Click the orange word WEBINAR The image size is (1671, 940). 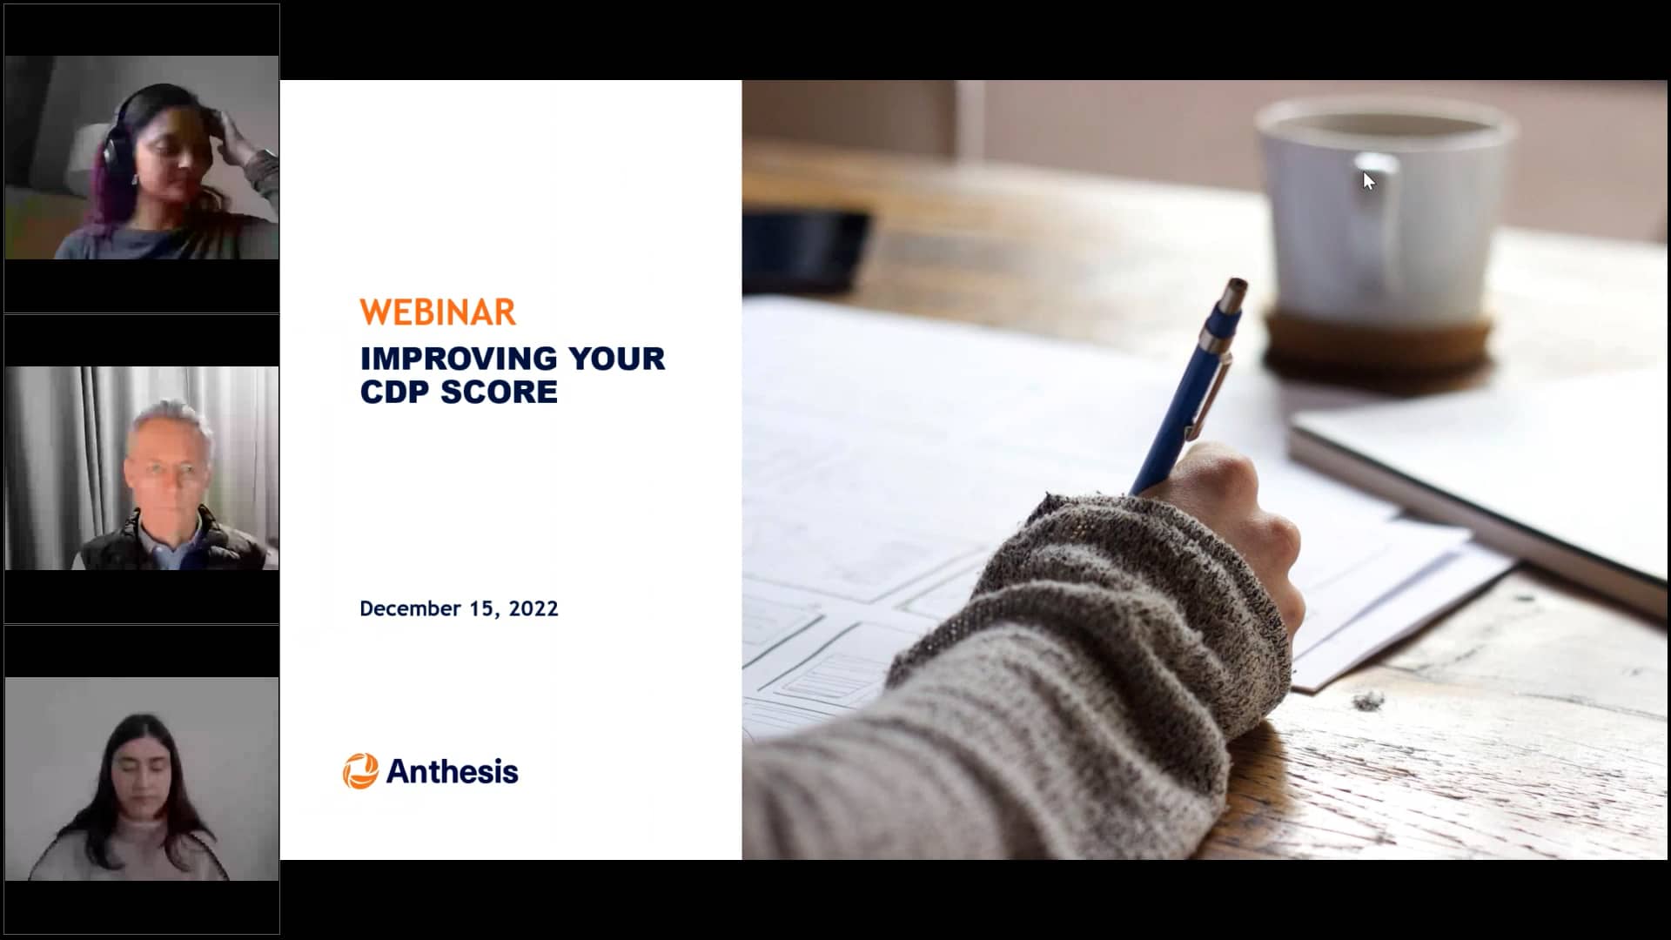(438, 312)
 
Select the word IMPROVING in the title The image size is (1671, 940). (459, 359)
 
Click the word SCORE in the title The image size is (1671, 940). (499, 393)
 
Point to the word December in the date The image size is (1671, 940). (410, 608)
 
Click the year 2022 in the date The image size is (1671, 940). (534, 608)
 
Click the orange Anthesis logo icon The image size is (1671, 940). (360, 771)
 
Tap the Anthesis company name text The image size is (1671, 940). (452, 772)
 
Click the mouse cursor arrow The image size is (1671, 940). (1368, 180)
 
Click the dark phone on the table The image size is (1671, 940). (805, 248)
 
